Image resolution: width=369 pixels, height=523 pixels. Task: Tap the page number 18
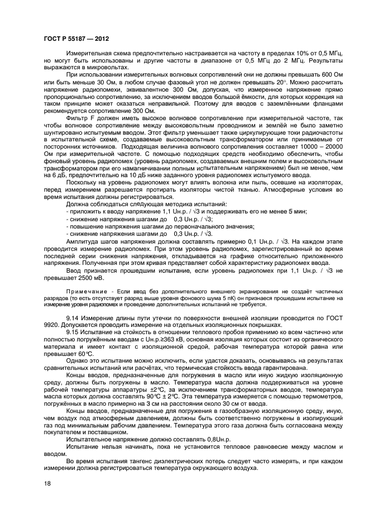pos(47,483)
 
